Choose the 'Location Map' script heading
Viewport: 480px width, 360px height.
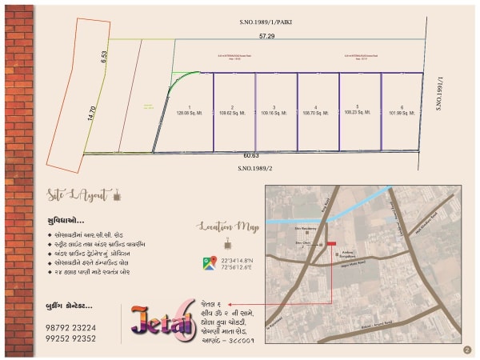point(228,227)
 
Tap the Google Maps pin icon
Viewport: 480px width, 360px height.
point(208,262)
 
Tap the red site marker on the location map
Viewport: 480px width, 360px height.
point(331,244)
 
